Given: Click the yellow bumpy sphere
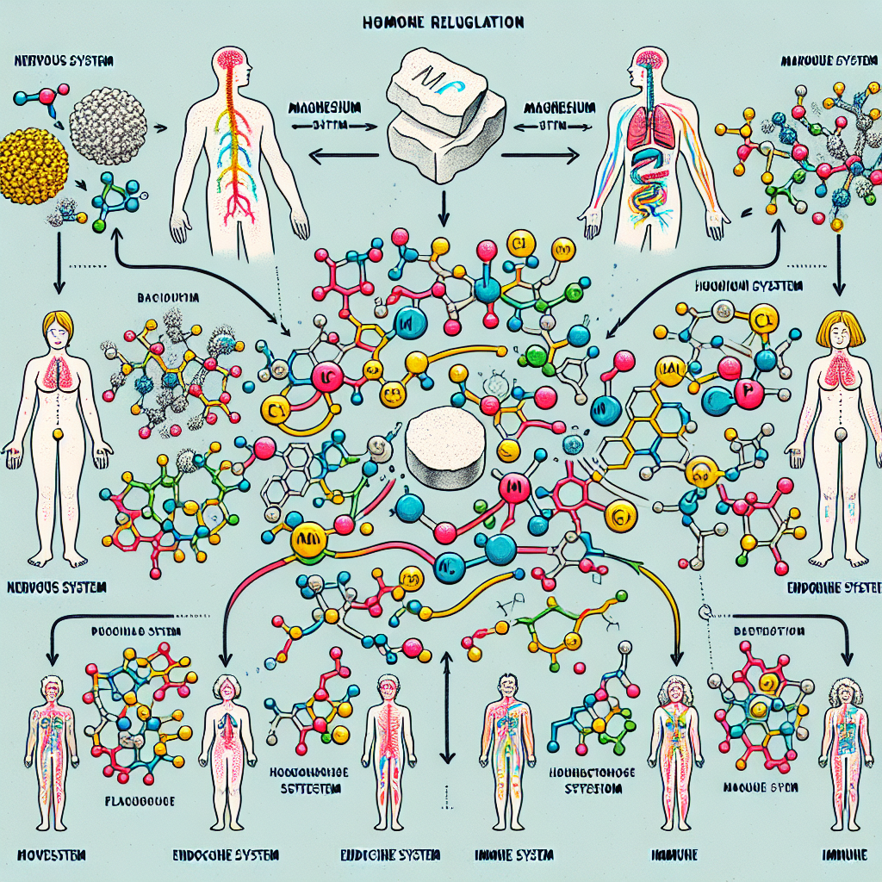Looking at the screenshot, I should (x=32, y=165).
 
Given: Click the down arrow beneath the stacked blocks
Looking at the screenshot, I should (x=441, y=207).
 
